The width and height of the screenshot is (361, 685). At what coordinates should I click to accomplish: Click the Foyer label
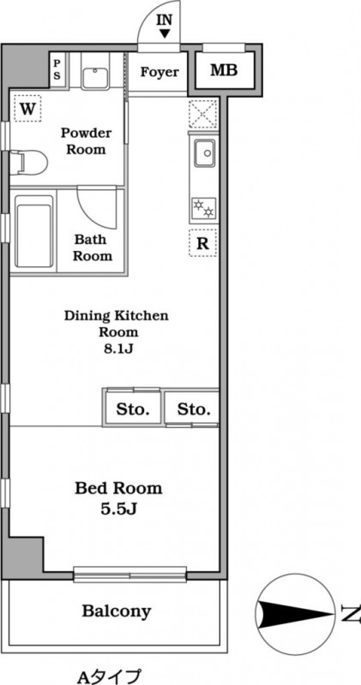pyautogui.click(x=159, y=72)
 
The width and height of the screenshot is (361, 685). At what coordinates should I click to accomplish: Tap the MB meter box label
pyautogui.click(x=224, y=70)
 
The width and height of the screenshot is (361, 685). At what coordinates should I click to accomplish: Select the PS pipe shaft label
pyautogui.click(x=57, y=70)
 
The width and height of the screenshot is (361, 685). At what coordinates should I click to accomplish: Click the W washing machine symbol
pyautogui.click(x=27, y=109)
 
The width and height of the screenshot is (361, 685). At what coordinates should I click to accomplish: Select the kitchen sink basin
pyautogui.click(x=205, y=152)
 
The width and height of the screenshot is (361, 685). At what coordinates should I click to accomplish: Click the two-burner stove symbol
pyautogui.click(x=204, y=208)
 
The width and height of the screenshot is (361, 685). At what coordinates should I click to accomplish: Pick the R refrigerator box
pyautogui.click(x=203, y=243)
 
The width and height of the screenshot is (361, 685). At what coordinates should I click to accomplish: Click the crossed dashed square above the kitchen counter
pyautogui.click(x=203, y=114)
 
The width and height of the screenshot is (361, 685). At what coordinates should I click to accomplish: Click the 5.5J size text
pyautogui.click(x=119, y=509)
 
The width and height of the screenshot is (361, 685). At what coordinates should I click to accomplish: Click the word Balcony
pyautogui.click(x=117, y=611)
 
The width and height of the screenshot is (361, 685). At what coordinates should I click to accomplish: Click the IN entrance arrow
pyautogui.click(x=165, y=33)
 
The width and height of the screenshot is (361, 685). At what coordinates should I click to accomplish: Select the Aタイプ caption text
pyautogui.click(x=109, y=676)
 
